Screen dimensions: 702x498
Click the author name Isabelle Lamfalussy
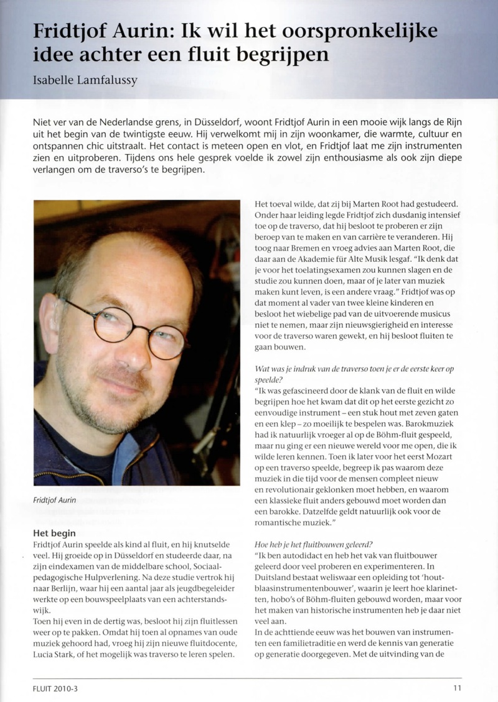click(85, 80)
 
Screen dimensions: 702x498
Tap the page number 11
click(457, 688)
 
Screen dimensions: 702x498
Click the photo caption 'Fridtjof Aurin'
click(55, 499)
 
